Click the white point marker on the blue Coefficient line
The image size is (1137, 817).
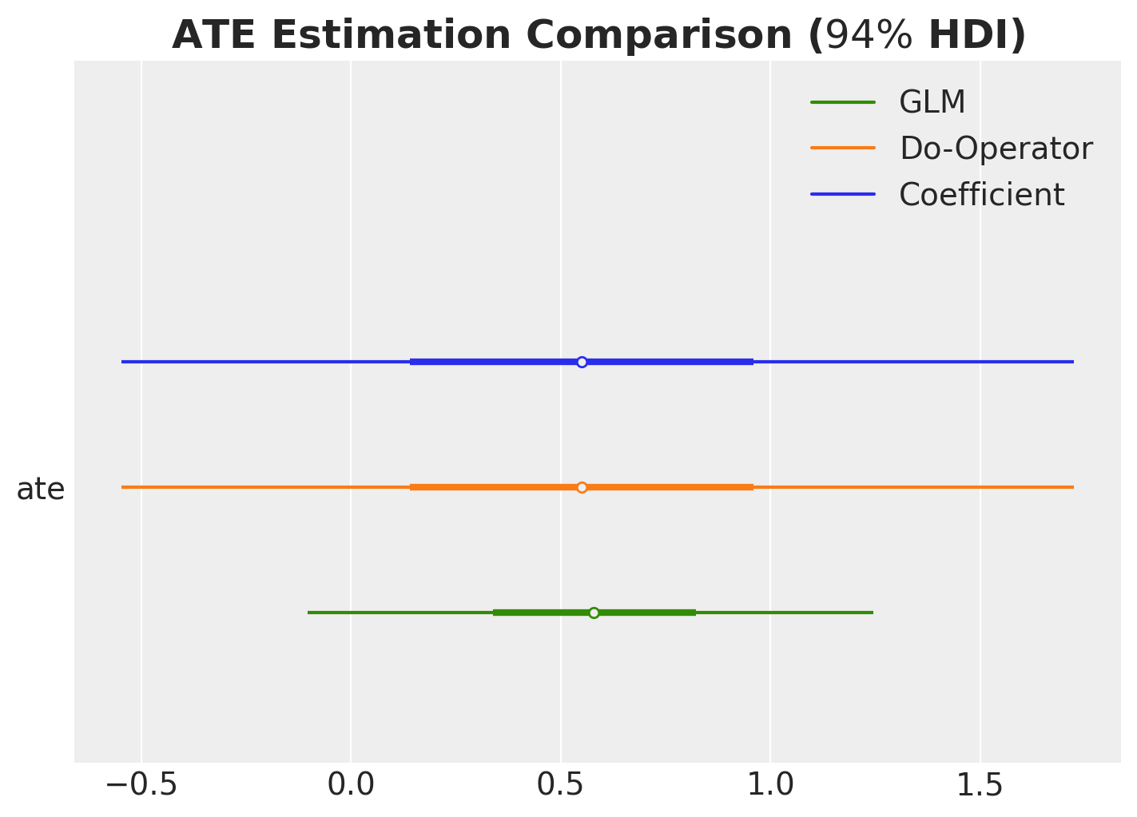pos(582,362)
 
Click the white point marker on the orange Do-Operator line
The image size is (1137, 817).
pos(582,487)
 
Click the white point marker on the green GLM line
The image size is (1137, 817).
pos(594,613)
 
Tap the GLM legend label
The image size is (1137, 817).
pos(932,102)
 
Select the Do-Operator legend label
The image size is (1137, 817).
pos(996,149)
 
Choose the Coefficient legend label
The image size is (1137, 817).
pos(981,195)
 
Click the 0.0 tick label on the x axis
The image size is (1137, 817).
pos(351,785)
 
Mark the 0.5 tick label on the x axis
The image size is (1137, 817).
pos(560,785)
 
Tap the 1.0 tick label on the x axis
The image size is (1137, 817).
pos(770,785)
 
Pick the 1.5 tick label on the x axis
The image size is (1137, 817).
pos(980,785)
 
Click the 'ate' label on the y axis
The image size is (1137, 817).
pos(40,489)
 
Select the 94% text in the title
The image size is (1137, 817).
pos(869,35)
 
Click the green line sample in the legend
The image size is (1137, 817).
pos(843,102)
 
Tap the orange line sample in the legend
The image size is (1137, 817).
pos(843,149)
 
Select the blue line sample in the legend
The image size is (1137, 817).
pos(843,195)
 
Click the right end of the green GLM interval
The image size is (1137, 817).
pos(872,613)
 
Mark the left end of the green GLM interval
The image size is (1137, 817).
pos(309,613)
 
